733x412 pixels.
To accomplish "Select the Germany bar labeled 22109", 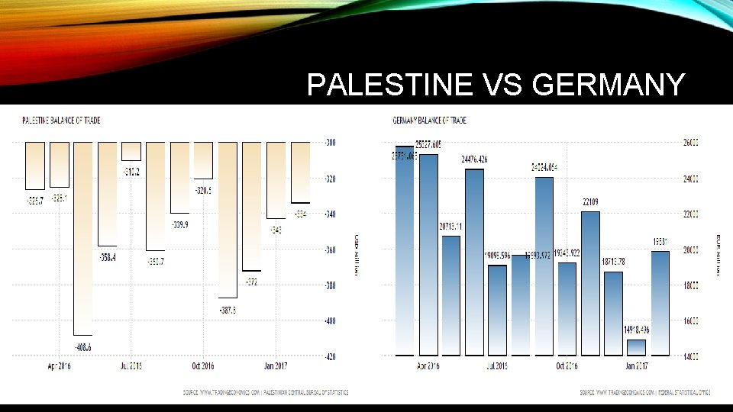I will point(590,282).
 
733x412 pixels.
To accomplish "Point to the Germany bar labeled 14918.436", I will point(636,347).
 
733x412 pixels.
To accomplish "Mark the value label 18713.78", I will point(614,261).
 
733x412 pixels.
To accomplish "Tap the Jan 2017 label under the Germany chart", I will point(638,366).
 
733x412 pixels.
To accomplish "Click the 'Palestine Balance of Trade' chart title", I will point(61,121).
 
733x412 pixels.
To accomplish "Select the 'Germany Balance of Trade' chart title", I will point(429,121).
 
